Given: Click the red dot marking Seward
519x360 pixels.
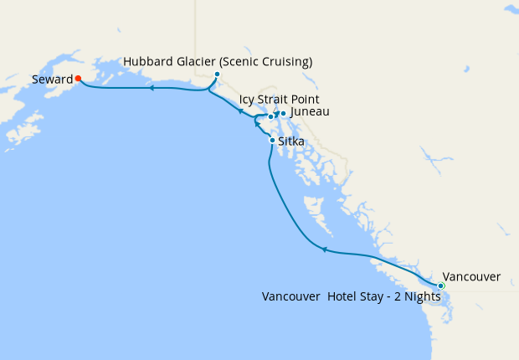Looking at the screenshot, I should pos(78,79).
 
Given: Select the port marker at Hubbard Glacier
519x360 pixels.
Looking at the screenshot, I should pos(217,75).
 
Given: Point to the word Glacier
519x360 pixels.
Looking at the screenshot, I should pos(201,62).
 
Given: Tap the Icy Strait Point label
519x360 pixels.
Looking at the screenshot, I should pos(279,99).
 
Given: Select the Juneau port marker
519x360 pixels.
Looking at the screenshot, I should pos(283,114).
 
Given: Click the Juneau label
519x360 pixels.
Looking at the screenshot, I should pos(309,112).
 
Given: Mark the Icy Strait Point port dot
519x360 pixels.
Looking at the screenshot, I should pos(270,116).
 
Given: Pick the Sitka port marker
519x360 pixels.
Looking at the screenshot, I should pos(271,140).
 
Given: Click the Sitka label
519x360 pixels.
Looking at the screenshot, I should pos(290,141).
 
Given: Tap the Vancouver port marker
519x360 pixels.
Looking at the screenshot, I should pos(441,286).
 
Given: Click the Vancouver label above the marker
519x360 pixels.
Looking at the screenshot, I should pos(471,276).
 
